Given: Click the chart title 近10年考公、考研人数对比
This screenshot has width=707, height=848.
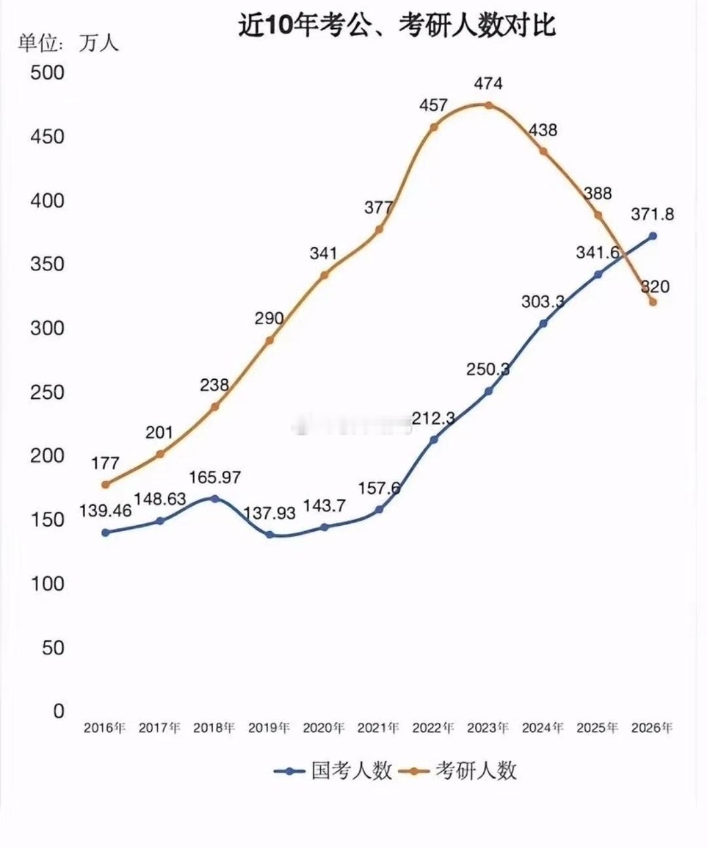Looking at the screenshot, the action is click(x=397, y=26).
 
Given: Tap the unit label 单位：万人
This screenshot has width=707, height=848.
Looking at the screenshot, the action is click(x=68, y=43).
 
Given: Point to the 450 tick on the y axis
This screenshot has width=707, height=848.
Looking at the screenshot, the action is click(x=47, y=136).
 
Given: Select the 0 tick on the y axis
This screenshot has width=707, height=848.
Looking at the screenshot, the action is click(x=59, y=710).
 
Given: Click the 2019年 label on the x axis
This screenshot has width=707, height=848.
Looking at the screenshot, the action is click(x=269, y=728).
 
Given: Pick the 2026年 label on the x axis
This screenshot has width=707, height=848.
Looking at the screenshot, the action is click(x=652, y=728).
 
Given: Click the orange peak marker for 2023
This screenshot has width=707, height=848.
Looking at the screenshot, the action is click(x=488, y=105).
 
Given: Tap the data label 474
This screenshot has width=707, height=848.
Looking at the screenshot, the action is click(x=488, y=83).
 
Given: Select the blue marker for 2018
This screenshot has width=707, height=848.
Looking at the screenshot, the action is click(x=215, y=498).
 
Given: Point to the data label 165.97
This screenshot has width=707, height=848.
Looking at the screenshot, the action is click(x=215, y=477).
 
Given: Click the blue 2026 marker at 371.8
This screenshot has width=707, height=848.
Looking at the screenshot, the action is click(x=653, y=236).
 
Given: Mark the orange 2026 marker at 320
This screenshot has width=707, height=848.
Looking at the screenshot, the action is click(x=653, y=302).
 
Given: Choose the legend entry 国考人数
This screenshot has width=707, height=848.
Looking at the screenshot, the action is click(x=334, y=771).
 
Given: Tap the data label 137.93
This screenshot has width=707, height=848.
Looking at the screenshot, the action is click(x=269, y=513).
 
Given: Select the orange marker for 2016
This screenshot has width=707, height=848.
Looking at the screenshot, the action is click(x=105, y=485).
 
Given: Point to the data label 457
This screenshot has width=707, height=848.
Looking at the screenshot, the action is click(x=433, y=105).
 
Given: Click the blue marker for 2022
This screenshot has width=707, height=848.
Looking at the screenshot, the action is click(x=433, y=439).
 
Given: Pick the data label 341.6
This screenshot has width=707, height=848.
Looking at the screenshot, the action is click(x=598, y=253).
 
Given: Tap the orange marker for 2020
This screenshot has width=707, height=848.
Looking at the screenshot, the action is click(x=324, y=275).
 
